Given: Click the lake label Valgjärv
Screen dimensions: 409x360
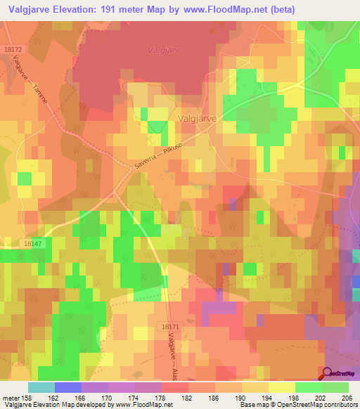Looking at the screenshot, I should click(x=162, y=50).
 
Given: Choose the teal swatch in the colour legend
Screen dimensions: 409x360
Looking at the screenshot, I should click(x=41, y=387).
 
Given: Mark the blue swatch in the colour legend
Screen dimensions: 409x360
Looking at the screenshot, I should click(x=68, y=387).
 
